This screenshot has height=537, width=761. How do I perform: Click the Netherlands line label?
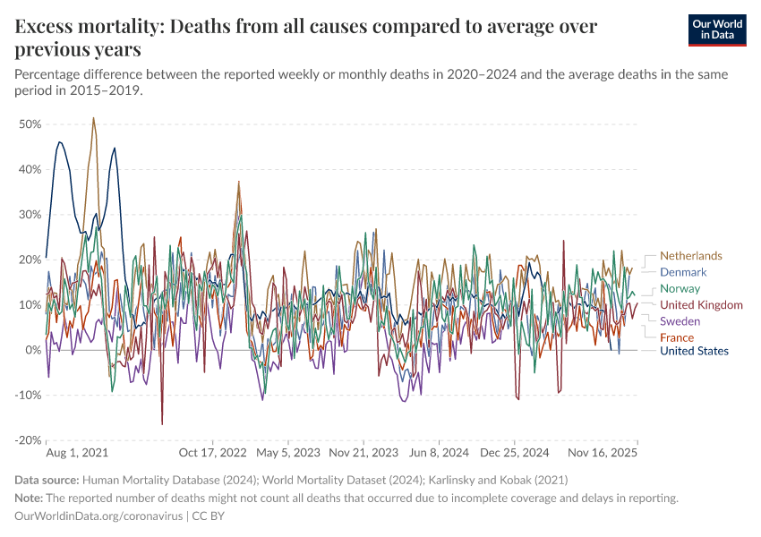(x=690, y=256)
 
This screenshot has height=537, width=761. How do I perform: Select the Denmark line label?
(x=683, y=272)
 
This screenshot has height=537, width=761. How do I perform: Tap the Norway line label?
(x=680, y=289)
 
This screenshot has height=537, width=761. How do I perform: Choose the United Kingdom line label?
(x=701, y=305)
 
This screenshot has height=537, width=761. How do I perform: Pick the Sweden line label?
(x=680, y=321)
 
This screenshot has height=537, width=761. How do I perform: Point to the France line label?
(x=677, y=337)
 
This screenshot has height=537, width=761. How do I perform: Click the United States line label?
(x=694, y=351)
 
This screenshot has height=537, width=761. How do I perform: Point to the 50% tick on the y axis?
(x=30, y=124)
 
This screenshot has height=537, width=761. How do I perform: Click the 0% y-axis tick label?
(x=33, y=350)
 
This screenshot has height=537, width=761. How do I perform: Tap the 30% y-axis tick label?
(x=30, y=215)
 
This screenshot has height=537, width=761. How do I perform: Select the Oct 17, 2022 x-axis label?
(x=212, y=454)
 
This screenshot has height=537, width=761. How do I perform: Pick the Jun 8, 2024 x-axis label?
(x=439, y=454)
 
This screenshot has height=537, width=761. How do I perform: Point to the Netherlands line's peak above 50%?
(x=93, y=118)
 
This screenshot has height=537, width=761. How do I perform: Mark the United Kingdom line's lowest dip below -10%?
(x=162, y=423)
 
